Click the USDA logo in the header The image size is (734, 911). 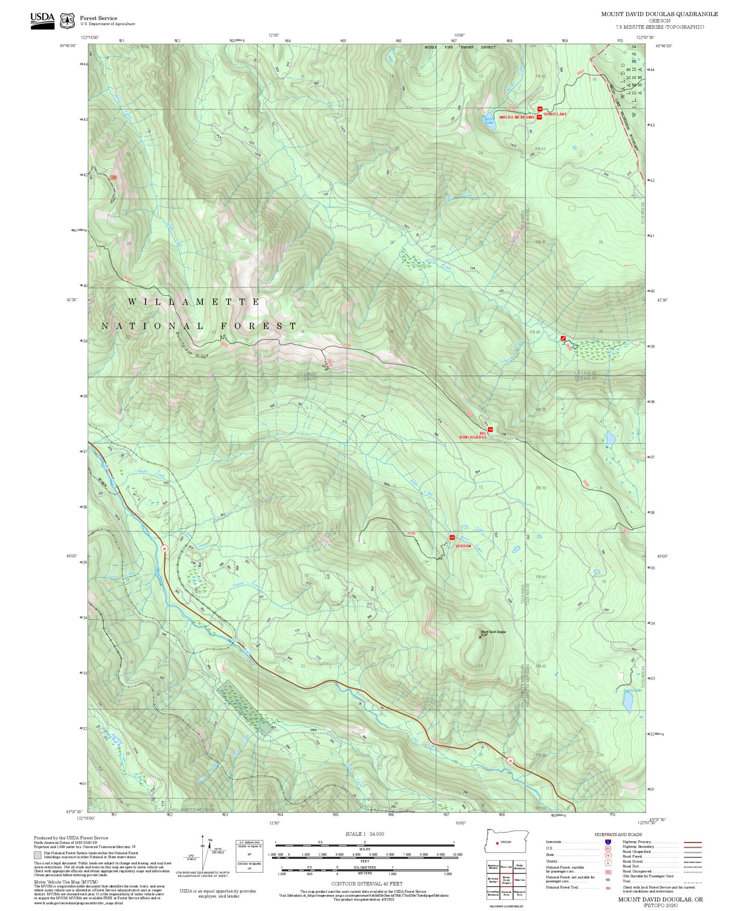click(42, 21)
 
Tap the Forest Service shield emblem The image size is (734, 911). click(68, 21)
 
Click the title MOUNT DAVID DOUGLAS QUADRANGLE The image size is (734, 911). click(660, 14)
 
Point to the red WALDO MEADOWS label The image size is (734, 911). click(517, 117)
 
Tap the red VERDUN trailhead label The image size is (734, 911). click(463, 546)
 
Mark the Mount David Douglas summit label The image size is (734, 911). click(493, 632)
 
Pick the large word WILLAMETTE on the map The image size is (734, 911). click(194, 302)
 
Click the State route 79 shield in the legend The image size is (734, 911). click(608, 855)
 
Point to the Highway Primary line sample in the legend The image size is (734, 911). click(693, 842)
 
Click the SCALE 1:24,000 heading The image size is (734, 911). click(365, 834)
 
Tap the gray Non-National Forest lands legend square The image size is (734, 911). click(37, 855)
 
